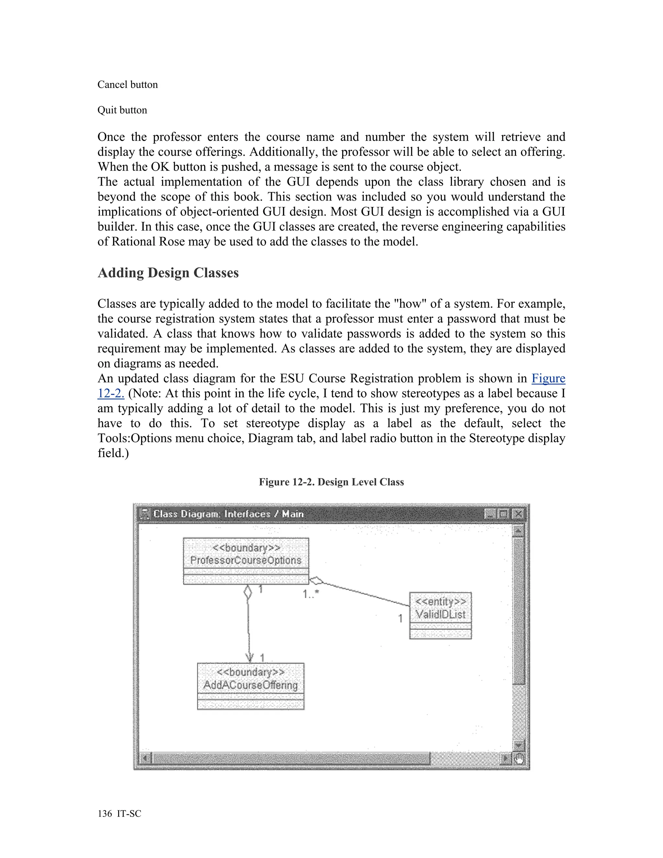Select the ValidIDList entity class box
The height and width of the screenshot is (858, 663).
pyautogui.click(x=440, y=615)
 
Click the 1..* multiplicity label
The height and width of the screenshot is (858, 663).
pyautogui.click(x=311, y=594)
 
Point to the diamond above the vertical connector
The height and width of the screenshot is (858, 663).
pyautogui.click(x=247, y=592)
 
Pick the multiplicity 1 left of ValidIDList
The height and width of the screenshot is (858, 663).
pyautogui.click(x=400, y=618)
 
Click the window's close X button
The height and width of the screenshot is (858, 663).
pyautogui.click(x=519, y=514)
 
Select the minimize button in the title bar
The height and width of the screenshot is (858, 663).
pyautogui.click(x=489, y=514)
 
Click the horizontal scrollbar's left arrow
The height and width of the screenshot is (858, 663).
pyautogui.click(x=145, y=758)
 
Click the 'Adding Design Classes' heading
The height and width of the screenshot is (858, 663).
pyautogui.click(x=168, y=273)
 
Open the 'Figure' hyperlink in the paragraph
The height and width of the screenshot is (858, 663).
pyautogui.click(x=548, y=378)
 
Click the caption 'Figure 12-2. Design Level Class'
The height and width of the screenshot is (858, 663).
pyautogui.click(x=331, y=482)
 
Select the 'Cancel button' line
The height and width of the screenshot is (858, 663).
pyautogui.click(x=128, y=85)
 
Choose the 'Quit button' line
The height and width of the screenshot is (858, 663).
pyautogui.click(x=122, y=110)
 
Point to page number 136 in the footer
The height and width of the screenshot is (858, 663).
pyautogui.click(x=105, y=814)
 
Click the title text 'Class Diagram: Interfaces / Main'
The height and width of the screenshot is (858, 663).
pyautogui.click(x=228, y=514)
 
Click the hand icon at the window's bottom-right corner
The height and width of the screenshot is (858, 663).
pyautogui.click(x=519, y=759)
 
